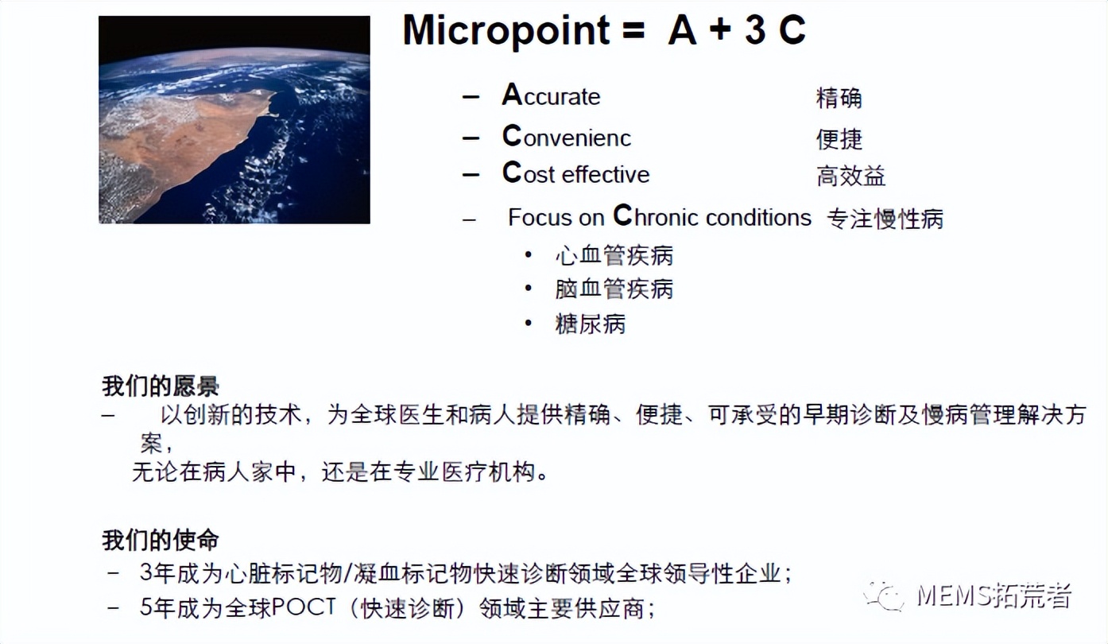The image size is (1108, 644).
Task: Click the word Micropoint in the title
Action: pos(506,31)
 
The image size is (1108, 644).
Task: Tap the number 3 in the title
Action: pos(755,29)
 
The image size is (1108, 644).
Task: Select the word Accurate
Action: pos(551,95)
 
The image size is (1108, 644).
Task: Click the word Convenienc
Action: pos(567,136)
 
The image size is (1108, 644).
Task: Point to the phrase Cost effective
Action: pos(575,173)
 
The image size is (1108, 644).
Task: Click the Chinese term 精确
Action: pos(839,98)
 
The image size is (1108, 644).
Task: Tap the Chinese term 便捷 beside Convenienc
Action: pos(839,139)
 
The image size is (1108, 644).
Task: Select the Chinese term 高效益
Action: pos(850,176)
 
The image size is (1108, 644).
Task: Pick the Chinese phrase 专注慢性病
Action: pos(885,219)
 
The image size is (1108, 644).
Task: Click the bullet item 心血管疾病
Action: pos(614,256)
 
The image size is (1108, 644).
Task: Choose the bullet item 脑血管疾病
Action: pos(614,289)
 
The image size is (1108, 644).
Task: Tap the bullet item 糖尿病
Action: pos(590,324)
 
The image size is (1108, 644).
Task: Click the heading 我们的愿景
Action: pos(161,386)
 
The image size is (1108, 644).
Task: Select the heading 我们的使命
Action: pos(161,540)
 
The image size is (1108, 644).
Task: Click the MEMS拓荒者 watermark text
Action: pos(994,596)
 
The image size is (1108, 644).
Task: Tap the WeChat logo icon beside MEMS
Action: pos(885,596)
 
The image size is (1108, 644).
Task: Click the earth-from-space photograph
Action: pos(234,120)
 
